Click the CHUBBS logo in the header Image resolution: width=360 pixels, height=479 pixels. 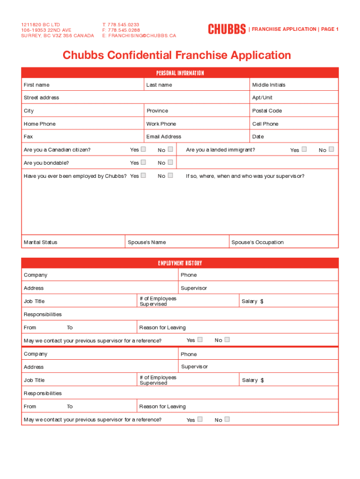point(227,29)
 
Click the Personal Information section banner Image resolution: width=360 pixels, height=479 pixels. point(180,73)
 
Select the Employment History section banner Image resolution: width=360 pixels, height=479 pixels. point(180,263)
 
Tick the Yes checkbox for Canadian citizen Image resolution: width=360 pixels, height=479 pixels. point(144,149)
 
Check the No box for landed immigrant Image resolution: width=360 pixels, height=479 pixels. point(331,149)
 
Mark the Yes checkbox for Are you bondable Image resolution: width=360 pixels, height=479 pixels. point(144,162)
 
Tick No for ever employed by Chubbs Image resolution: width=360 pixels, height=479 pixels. point(170,175)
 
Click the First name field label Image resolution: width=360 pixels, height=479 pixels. point(36,85)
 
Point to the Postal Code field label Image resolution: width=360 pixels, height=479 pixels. point(267,111)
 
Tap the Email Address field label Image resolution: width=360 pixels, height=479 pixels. point(164,137)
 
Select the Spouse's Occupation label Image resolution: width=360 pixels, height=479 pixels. point(258,242)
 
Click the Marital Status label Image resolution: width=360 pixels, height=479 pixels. point(41,242)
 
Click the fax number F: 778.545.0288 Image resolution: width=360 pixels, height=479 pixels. point(121,30)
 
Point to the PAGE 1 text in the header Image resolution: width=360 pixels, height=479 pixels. point(330,29)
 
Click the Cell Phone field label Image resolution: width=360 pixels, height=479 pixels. point(265,124)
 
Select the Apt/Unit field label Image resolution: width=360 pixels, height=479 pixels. point(262,98)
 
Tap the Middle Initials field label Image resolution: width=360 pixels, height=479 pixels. point(269,85)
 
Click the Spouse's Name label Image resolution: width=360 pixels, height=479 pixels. point(147,242)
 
